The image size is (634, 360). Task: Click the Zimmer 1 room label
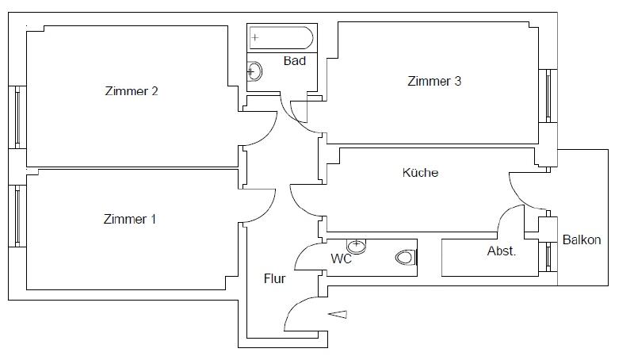[130, 219]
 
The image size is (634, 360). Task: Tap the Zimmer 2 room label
[132, 91]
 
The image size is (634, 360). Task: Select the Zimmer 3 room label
[434, 81]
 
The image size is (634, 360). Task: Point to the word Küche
[420, 172]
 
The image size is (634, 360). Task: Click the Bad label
[295, 61]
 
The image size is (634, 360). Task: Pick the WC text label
[341, 259]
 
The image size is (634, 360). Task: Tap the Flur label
[275, 278]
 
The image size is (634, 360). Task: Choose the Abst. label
[501, 251]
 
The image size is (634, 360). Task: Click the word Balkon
[582, 239]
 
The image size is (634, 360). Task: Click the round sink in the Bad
[254, 72]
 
